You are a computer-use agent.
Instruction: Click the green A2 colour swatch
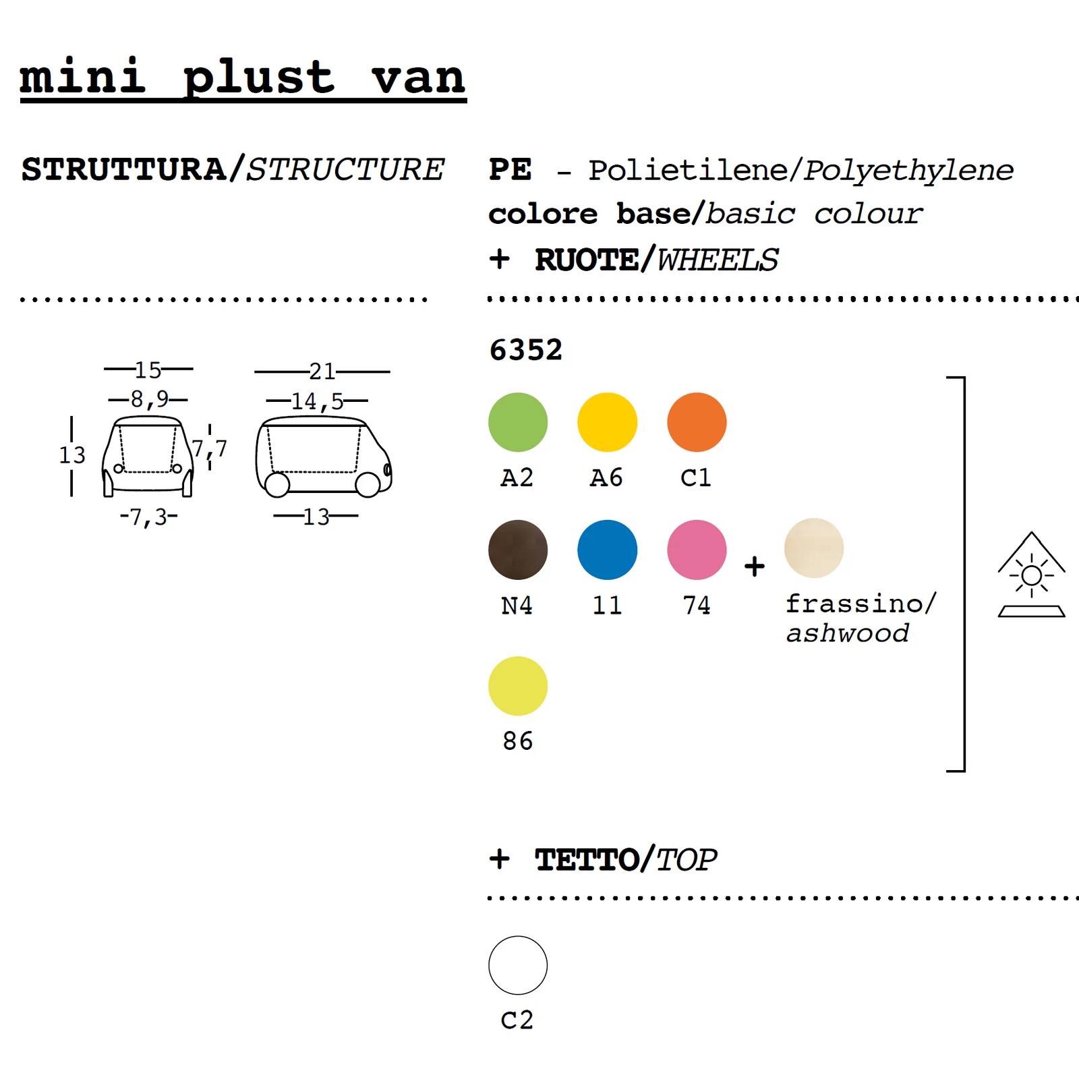click(x=518, y=422)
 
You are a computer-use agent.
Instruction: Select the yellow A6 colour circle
click(x=607, y=422)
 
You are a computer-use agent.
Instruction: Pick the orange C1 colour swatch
click(x=697, y=422)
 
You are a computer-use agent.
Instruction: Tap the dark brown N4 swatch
click(x=518, y=550)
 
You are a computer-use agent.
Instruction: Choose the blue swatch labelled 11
click(x=607, y=550)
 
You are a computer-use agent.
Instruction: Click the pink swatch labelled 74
click(x=697, y=550)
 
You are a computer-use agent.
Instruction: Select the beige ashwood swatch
click(x=813, y=548)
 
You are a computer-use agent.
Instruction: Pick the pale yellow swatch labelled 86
click(x=518, y=686)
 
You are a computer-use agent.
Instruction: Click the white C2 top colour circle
click(x=518, y=965)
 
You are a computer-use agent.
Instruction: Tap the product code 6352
click(x=525, y=350)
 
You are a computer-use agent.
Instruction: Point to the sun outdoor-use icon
click(x=1031, y=575)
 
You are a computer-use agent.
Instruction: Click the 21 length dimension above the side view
click(x=322, y=372)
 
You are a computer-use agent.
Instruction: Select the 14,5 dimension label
click(x=318, y=401)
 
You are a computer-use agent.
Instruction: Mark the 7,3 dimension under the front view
click(x=148, y=517)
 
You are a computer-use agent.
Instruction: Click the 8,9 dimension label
click(x=149, y=399)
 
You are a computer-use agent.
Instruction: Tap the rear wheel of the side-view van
click(x=277, y=485)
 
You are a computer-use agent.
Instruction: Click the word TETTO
click(x=587, y=860)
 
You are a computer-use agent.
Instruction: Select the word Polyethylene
click(x=908, y=171)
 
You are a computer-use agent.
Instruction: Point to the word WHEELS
click(x=718, y=260)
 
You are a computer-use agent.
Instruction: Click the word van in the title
click(x=418, y=78)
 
